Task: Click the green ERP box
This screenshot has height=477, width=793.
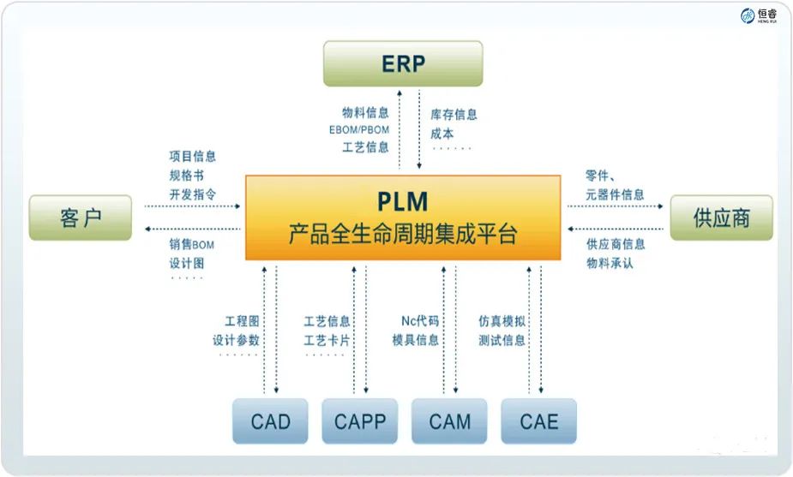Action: click(403, 63)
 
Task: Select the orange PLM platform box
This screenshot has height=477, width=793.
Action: click(402, 218)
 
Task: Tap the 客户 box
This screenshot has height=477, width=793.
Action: click(81, 218)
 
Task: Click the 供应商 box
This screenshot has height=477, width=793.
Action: click(721, 218)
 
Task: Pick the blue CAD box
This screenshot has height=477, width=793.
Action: click(270, 421)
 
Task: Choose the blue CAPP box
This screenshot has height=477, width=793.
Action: click(359, 421)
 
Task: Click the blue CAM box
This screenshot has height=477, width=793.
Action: click(449, 421)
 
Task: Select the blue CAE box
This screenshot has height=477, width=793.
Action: click(538, 421)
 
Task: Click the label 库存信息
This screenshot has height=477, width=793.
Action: click(454, 114)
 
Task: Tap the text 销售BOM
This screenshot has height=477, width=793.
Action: click(193, 244)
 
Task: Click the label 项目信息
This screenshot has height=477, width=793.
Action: click(193, 156)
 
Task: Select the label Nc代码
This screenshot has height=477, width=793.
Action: click(420, 321)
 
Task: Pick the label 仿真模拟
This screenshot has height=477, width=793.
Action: click(502, 321)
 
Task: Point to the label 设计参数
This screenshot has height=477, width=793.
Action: click(236, 340)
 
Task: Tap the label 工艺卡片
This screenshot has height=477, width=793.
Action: click(327, 340)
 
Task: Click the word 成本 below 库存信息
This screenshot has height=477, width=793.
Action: click(442, 134)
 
